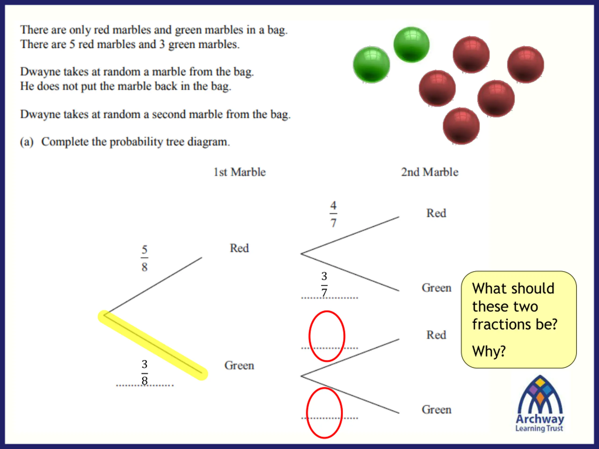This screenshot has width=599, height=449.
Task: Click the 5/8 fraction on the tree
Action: coord(144,258)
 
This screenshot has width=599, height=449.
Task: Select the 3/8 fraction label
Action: coord(144,372)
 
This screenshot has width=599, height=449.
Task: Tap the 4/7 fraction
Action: coord(333,214)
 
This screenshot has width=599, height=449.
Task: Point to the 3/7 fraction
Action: coord(324,284)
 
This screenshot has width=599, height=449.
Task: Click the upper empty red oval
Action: coord(327,336)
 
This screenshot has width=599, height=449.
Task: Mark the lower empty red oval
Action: coord(324,413)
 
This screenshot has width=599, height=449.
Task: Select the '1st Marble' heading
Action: coord(240,172)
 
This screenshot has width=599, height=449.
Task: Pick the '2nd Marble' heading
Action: coord(430,172)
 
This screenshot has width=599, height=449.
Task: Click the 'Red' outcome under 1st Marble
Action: coord(239,248)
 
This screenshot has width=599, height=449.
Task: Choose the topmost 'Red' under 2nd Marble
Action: coord(436,213)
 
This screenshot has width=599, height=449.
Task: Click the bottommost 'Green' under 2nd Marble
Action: coord(436,410)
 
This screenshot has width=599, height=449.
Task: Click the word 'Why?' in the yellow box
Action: coord(489,351)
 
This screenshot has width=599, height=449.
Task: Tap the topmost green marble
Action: coord(411,45)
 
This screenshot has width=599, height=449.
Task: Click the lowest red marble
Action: coord(461,126)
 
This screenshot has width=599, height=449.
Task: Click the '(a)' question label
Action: coord(26,142)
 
